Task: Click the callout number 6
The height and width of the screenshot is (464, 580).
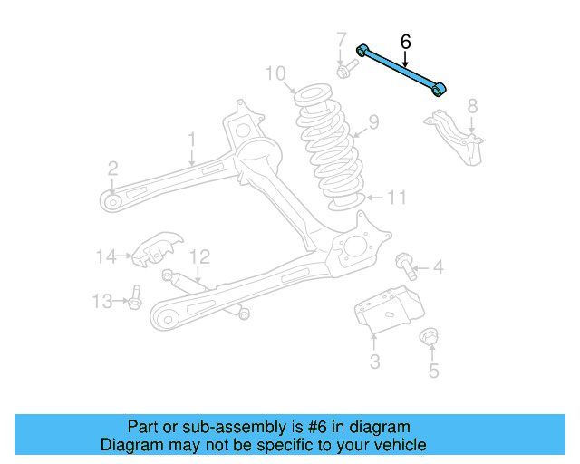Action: [x=405, y=42]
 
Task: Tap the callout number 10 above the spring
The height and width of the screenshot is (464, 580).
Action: [x=275, y=72]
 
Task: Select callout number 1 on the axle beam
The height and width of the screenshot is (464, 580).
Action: [x=192, y=139]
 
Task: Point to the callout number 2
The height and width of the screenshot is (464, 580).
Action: [x=112, y=168]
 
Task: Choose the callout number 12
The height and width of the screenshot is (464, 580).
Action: [x=200, y=256]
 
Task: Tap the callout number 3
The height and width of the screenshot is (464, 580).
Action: [x=374, y=363]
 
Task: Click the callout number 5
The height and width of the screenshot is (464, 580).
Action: [x=433, y=370]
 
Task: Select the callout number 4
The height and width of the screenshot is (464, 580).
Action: [x=438, y=266]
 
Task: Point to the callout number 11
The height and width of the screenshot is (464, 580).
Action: [x=397, y=198]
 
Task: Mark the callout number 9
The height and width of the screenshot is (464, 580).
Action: [x=373, y=122]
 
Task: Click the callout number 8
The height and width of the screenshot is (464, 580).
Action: [x=471, y=107]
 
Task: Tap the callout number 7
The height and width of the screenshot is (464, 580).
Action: [x=342, y=41]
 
